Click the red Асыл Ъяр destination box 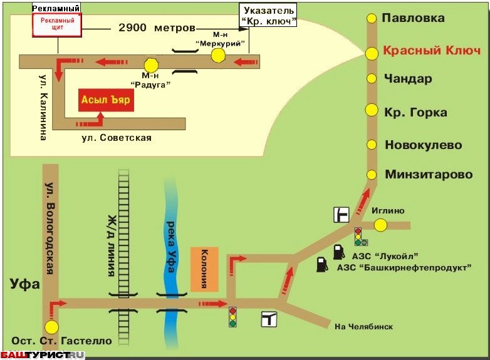point(107,100)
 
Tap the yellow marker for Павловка point(372,18)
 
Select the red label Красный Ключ point(432,51)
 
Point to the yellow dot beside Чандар point(372,78)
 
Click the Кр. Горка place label point(415,112)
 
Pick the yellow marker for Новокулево point(372,145)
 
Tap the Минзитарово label point(429,174)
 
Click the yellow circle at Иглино point(380,225)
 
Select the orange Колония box point(204,269)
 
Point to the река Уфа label point(170,247)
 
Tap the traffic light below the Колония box point(232,317)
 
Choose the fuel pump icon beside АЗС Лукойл point(338,252)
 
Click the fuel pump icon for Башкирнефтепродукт point(322,264)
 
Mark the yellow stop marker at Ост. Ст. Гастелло point(51,327)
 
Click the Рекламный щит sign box point(58,24)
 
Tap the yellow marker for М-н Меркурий point(218,56)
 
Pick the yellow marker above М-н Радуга point(151,65)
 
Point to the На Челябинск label point(363,327)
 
